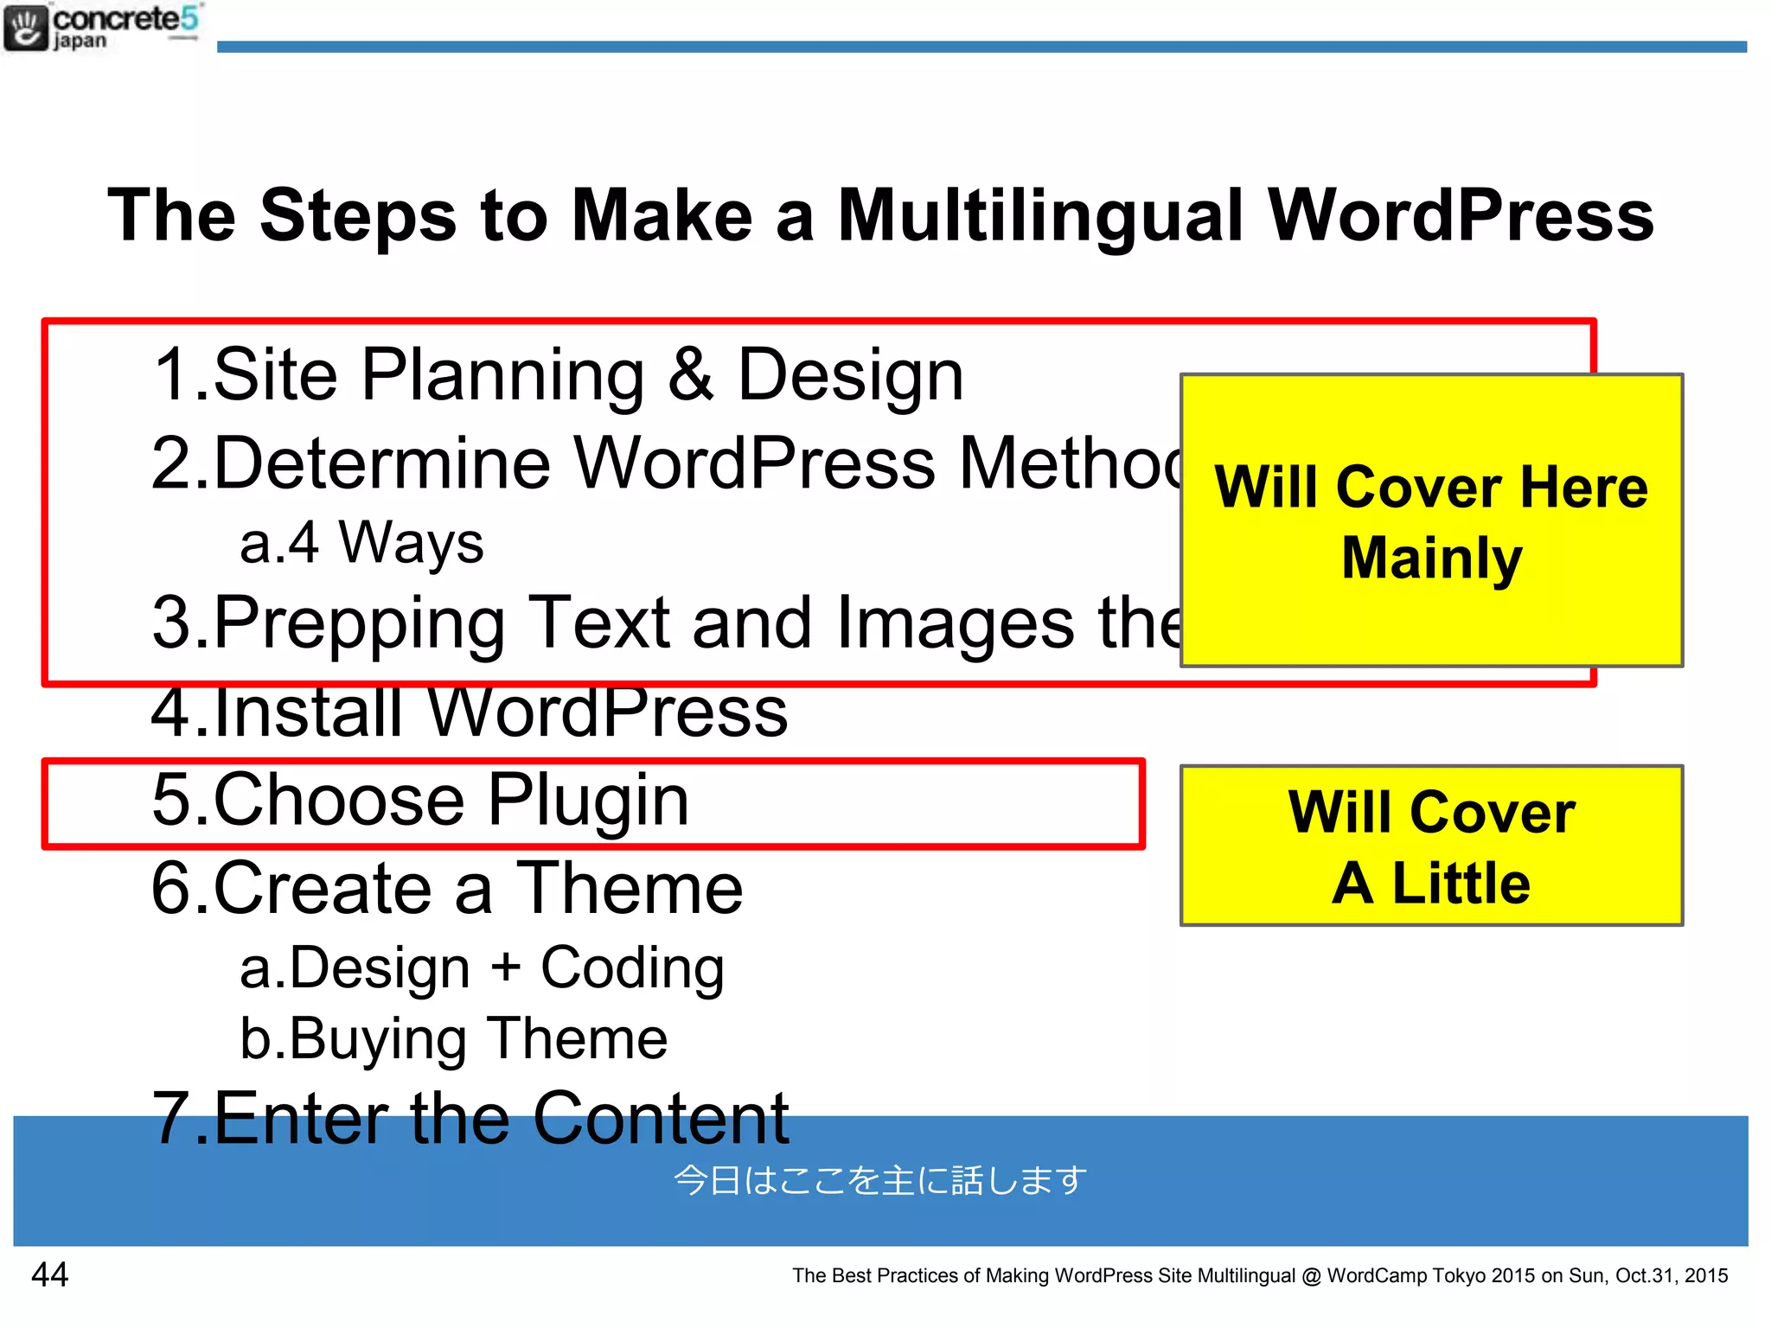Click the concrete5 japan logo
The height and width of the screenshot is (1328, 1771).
coord(102,27)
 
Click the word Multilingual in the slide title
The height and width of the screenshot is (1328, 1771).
coord(1040,216)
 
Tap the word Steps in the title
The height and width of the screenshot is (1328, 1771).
coord(358,216)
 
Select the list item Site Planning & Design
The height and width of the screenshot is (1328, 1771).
coord(558,375)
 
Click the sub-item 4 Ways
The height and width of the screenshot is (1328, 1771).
coord(361,544)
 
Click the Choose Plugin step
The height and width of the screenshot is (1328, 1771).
coord(420,801)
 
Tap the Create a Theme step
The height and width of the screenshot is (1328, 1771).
coord(447,889)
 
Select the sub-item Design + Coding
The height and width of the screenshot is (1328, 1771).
coord(482,968)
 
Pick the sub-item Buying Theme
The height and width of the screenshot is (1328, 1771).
coord(454,1038)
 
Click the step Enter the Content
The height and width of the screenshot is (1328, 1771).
coord(470,1119)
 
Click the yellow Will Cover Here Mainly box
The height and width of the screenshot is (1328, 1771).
coord(1431,521)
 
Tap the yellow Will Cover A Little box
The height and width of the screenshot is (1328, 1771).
coord(1431,846)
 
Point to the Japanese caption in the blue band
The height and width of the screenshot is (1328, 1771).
coord(880,1181)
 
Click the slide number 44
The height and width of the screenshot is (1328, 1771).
coord(49,1274)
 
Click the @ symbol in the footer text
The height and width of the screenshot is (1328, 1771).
coord(1311,1276)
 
